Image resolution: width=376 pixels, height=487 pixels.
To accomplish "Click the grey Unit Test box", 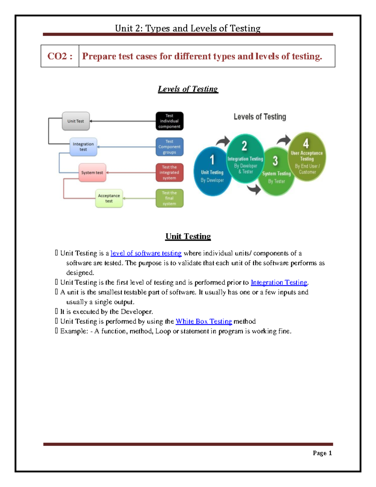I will pyautogui.click(x=76, y=121).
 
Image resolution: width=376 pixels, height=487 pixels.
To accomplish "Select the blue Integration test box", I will pyautogui.click(x=83, y=147).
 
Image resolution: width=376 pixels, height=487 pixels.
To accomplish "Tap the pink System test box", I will pyautogui.click(x=92, y=172).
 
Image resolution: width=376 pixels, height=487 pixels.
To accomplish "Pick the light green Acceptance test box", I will pyautogui.click(x=109, y=198).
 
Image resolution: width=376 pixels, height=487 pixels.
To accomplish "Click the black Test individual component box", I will pyautogui.click(x=169, y=121).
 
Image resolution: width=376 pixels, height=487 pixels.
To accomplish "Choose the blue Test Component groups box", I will pyautogui.click(x=169, y=147).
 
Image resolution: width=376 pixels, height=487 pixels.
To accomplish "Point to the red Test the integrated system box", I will pyautogui.click(x=169, y=172).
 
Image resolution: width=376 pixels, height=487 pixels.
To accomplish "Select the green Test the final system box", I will pyautogui.click(x=169, y=198).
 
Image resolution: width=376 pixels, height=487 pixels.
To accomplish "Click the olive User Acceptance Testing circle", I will pyautogui.click(x=307, y=157).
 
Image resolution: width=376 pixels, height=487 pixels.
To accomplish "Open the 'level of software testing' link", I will pyautogui.click(x=146, y=253).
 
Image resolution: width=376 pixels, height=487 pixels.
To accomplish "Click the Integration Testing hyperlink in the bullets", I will pyautogui.click(x=279, y=283).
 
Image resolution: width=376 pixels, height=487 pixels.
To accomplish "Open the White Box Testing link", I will pyautogui.click(x=204, y=321).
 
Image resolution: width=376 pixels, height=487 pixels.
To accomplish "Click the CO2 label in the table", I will pyautogui.click(x=60, y=56).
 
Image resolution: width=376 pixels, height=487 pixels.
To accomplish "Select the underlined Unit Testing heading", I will pyautogui.click(x=188, y=236).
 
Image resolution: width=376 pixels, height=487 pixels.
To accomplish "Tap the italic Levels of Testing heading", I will pyautogui.click(x=188, y=89).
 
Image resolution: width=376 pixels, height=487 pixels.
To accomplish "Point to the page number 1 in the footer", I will pyautogui.click(x=330, y=453).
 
